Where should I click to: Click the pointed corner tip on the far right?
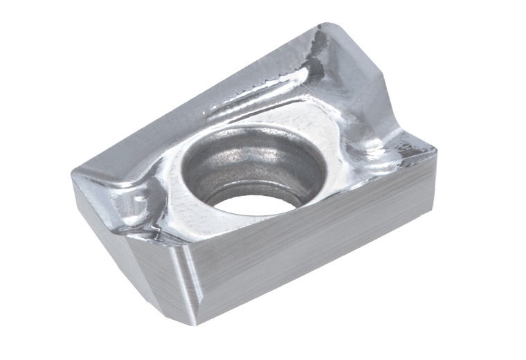tap(435, 147)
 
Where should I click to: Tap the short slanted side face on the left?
tap(125, 242)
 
